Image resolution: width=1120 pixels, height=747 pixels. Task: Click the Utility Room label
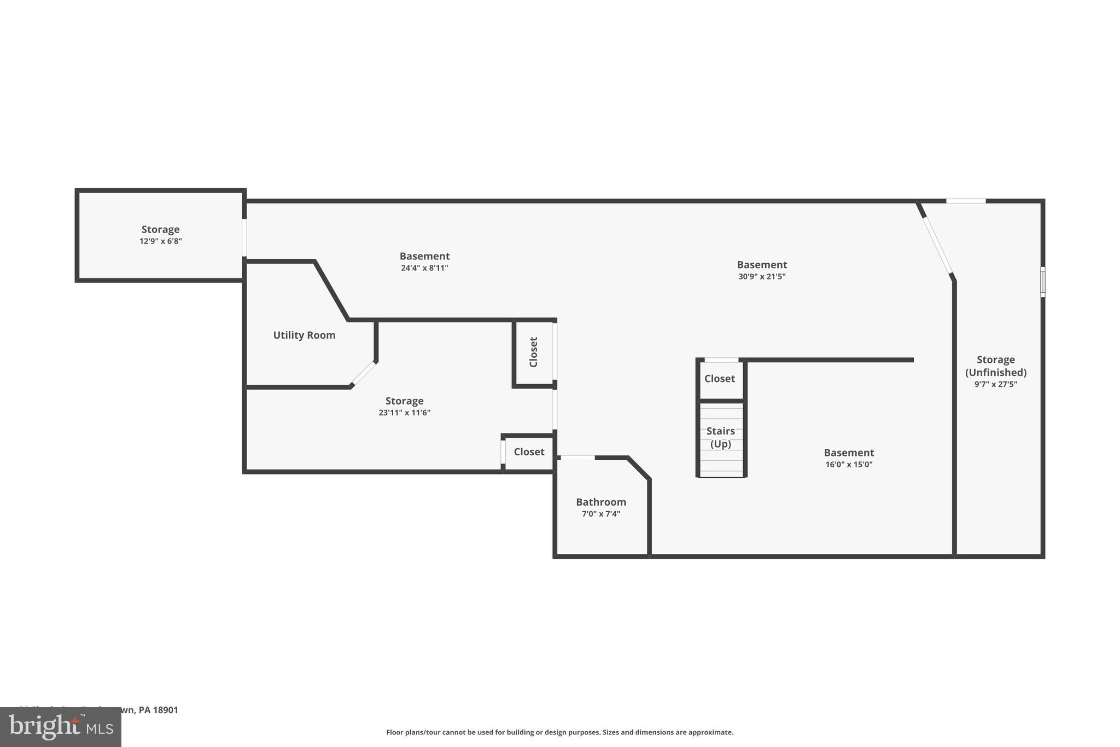(x=304, y=335)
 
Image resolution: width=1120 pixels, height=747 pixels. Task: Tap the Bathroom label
(x=600, y=502)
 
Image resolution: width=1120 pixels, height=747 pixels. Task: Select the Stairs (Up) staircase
(x=721, y=438)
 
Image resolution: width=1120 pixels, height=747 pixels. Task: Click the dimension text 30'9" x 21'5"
(x=762, y=277)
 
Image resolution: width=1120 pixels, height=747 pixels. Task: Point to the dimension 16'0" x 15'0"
(x=849, y=465)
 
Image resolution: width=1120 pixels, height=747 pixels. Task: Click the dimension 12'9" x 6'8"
(x=160, y=241)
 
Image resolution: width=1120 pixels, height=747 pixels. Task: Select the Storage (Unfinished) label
(x=995, y=366)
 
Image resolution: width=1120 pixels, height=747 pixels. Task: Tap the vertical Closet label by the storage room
(x=534, y=352)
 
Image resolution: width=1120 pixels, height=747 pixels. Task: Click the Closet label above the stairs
(x=719, y=379)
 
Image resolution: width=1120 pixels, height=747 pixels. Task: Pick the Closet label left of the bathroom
(x=529, y=452)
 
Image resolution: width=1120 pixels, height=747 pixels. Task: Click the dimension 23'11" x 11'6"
(x=404, y=413)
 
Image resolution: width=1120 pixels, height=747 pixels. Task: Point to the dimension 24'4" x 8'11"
(x=424, y=268)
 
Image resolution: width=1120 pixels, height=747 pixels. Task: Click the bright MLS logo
(x=61, y=727)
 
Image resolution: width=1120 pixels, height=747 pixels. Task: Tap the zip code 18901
(x=165, y=710)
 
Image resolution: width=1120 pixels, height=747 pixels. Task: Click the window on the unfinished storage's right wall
(x=1042, y=282)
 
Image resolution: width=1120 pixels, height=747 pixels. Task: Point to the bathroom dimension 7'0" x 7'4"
(x=600, y=514)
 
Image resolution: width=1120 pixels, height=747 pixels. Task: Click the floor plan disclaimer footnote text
(x=559, y=732)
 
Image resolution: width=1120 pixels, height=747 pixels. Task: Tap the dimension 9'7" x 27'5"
(x=995, y=384)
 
